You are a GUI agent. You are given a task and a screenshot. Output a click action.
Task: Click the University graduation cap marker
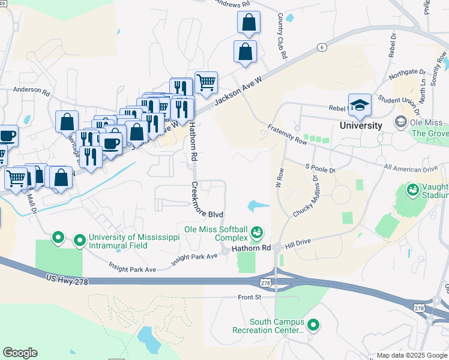point(360,105)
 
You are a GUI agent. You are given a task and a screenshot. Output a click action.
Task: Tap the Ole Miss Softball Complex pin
point(257,231)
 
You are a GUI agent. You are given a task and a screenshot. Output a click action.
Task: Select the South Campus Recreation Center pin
point(313,325)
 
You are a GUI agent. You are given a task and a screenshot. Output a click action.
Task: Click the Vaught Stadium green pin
point(412,191)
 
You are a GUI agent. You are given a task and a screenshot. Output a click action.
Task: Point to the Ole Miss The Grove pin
point(400,122)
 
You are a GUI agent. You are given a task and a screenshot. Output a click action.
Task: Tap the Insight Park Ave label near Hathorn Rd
point(195,257)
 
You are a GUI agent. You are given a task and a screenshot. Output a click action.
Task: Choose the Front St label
point(250,296)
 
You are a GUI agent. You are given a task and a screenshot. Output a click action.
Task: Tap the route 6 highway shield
point(322,47)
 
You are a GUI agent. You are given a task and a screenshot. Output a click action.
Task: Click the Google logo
point(20,353)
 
